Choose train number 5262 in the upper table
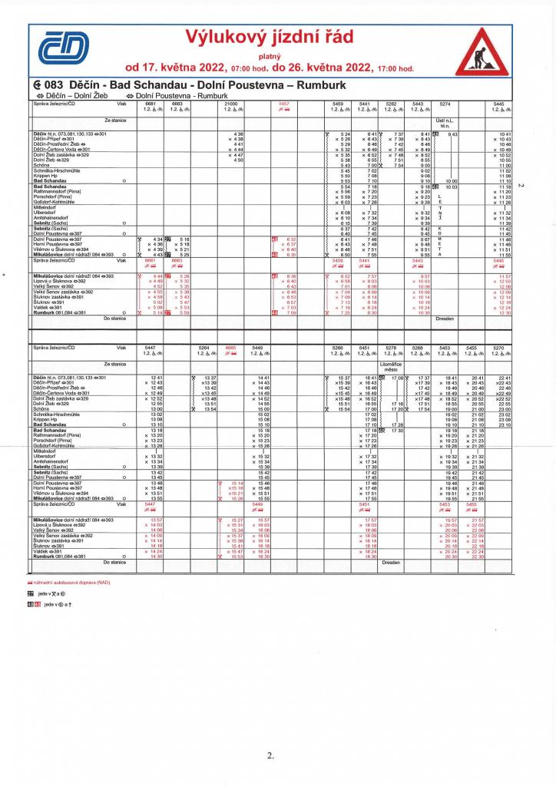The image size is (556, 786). [x=391, y=103]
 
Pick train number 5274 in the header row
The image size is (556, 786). [x=444, y=103]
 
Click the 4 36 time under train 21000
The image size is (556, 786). [x=237, y=134]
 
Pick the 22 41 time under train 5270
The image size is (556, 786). [x=504, y=378]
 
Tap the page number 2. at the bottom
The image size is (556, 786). [x=270, y=756]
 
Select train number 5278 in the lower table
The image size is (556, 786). [x=391, y=348]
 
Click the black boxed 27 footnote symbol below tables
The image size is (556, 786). [x=30, y=593]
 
